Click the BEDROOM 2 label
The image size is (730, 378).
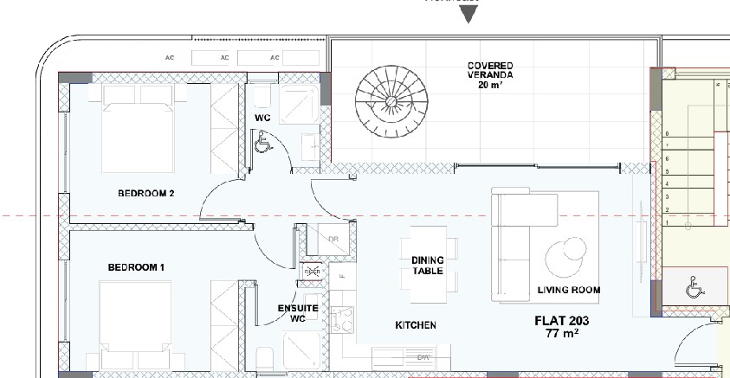pos(146,194)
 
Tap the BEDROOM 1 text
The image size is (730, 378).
pos(136,268)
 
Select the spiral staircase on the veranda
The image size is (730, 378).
pos(387,100)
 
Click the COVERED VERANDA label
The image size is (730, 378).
pos(490,70)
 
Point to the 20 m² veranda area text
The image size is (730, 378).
pos(490,86)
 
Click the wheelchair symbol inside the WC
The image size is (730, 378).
pos(261,142)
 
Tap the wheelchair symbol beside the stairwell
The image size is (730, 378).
pos(693,286)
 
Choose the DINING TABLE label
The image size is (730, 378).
pos(427,266)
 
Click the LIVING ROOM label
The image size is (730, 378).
pos(568,291)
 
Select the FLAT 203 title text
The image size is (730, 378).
pos(562,321)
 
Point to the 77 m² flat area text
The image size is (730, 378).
pos(562,333)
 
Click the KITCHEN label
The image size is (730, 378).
pos(416,325)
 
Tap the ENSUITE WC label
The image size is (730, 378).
pos(298,313)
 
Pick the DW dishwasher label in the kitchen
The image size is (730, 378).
pos(423,356)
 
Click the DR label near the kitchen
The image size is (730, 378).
pos(333,240)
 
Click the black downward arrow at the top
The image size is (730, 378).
pos(468,14)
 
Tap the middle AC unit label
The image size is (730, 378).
pos(224,58)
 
